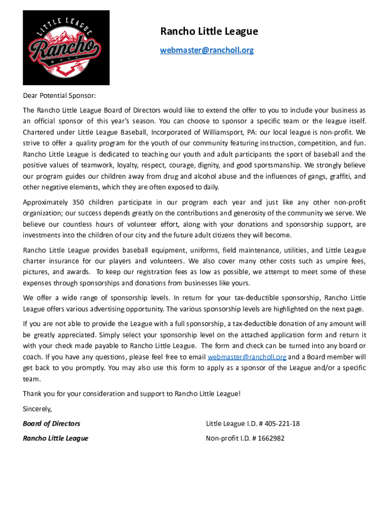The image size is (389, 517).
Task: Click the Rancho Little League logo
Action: pos(66,47)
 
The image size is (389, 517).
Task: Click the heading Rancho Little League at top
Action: pos(209,32)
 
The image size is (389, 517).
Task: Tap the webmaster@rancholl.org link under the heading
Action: pos(207,50)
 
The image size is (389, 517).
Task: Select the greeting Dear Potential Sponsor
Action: pos(59,95)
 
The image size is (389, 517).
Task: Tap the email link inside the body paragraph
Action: pos(247,357)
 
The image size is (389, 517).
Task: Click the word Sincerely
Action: pos(37,408)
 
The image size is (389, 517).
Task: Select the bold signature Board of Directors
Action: pos(52,424)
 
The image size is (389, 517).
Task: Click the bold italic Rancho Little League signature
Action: pos(56,438)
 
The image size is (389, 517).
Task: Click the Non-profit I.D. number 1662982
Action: pos(267,438)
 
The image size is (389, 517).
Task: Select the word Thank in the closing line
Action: pos(32,394)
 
